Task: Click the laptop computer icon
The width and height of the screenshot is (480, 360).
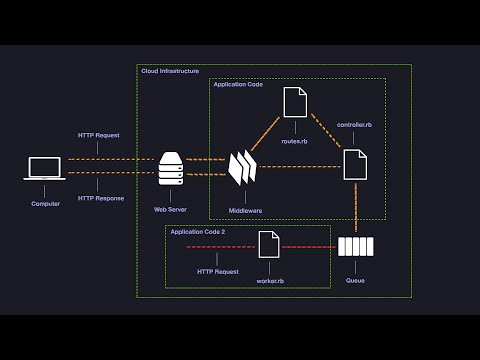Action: pos(45,169)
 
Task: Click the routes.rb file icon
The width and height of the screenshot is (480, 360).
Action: pos(294,102)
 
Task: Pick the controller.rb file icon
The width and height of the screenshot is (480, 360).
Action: pos(355,163)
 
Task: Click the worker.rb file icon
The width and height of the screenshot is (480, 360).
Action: pos(269,244)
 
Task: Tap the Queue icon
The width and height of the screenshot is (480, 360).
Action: pos(355,247)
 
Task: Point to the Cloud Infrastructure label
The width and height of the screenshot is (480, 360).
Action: pos(170,71)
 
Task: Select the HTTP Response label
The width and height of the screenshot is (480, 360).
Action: pos(101,198)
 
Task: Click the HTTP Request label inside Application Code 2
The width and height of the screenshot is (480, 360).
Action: pos(218,271)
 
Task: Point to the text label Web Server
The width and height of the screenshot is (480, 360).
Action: pos(171,210)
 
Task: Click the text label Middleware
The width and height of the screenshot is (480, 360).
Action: pos(245,211)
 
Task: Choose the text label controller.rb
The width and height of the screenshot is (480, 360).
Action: pos(355,124)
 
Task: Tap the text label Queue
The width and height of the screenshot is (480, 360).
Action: pos(355,280)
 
